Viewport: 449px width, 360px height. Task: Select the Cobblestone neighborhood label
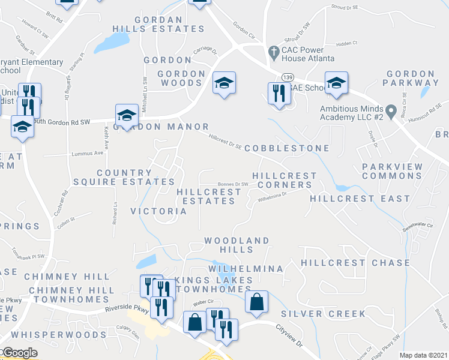287,148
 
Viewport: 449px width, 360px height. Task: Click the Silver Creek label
323,314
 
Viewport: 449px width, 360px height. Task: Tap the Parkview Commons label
393,171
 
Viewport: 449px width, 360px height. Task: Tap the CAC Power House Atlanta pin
274,50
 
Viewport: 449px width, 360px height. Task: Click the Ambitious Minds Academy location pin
391,110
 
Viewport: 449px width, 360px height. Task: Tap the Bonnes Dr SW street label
233,184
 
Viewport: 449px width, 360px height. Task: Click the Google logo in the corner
19,353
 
